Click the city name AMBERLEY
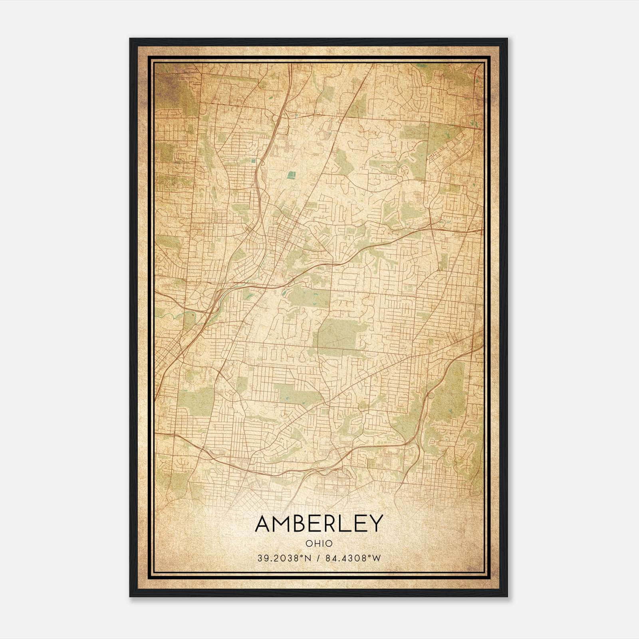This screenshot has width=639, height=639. click(319, 524)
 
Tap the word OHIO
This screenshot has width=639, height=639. click(319, 544)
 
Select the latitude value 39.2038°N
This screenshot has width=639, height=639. click(283, 558)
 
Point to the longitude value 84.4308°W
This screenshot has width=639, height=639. click(352, 558)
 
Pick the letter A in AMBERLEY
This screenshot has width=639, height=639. click(264, 524)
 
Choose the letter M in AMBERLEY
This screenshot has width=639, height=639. click(283, 524)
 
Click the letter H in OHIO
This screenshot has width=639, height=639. click(315, 544)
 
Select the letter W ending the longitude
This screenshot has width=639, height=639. click(377, 558)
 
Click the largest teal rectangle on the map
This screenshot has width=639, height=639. click(292, 175)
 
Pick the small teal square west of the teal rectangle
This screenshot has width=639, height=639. click(253, 161)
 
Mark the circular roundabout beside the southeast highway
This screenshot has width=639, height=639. click(431, 396)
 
